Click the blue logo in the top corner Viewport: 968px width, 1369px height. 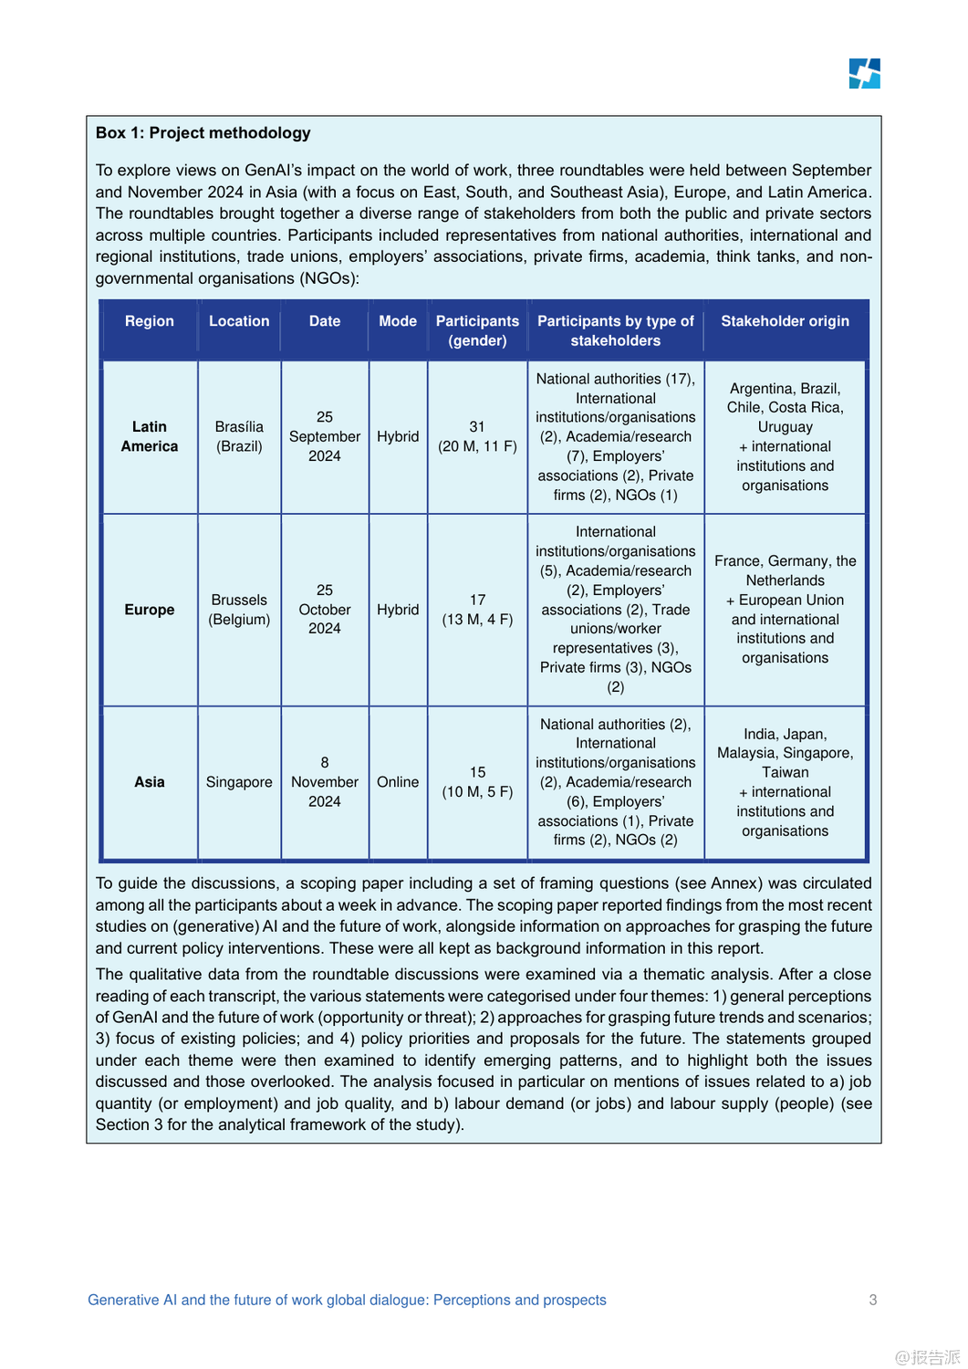click(864, 74)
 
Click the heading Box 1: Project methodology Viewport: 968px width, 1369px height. click(203, 133)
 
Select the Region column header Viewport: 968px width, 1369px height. click(150, 321)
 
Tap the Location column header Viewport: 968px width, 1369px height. click(239, 321)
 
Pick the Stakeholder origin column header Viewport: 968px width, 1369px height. click(785, 321)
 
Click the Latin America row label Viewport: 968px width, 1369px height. click(150, 436)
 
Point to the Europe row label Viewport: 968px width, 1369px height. click(150, 610)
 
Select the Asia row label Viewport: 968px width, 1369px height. click(150, 782)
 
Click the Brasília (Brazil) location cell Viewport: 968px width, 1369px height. click(239, 436)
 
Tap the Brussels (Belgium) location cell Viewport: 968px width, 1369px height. click(239, 610)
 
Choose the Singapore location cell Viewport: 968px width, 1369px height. click(239, 782)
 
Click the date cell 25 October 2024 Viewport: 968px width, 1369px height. click(325, 610)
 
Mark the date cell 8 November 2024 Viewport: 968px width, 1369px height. click(325, 782)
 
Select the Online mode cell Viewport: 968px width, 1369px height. click(398, 782)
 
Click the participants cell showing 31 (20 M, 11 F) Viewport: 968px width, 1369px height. click(477, 436)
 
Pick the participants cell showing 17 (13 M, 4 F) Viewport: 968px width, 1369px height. click(477, 610)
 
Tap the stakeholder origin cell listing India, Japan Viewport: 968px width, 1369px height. click(785, 782)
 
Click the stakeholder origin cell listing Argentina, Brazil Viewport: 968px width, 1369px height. click(785, 436)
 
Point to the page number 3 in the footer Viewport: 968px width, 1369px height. click(873, 1300)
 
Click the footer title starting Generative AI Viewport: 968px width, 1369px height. click(347, 1300)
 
